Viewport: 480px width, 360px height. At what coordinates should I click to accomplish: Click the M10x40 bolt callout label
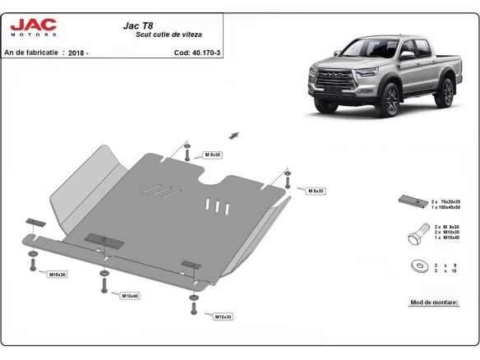(x=130, y=295)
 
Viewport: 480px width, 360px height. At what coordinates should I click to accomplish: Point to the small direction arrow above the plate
(x=234, y=134)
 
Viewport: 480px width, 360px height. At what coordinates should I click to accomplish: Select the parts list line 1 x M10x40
(x=444, y=238)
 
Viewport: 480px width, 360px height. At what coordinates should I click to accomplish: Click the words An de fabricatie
(x=31, y=52)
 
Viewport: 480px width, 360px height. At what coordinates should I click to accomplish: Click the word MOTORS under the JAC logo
(x=33, y=35)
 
